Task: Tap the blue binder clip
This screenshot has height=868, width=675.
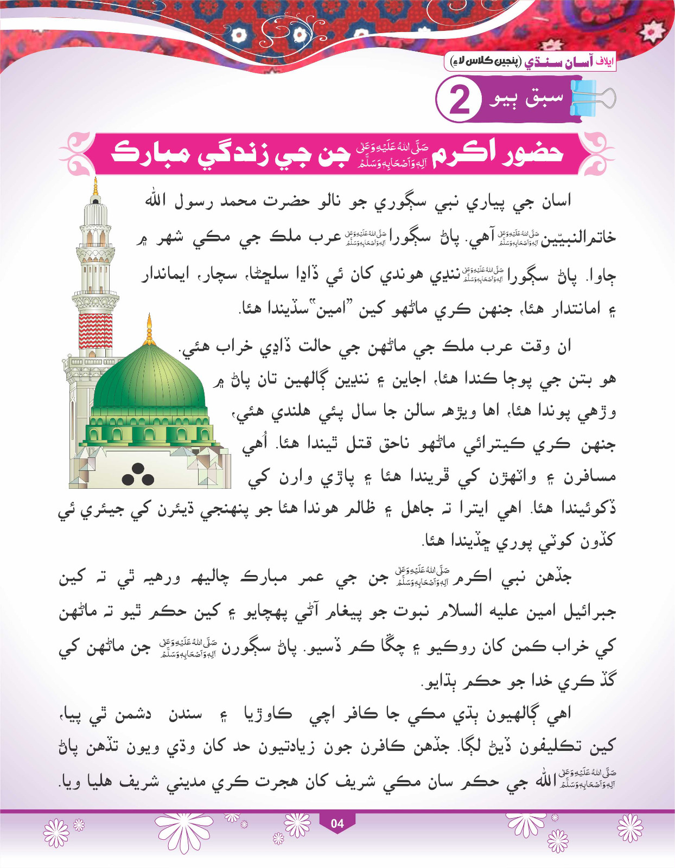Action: [591, 98]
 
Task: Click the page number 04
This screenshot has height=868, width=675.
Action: [337, 823]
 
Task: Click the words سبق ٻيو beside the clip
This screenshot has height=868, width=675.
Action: [526, 98]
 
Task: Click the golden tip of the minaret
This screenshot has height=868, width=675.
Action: [96, 187]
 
